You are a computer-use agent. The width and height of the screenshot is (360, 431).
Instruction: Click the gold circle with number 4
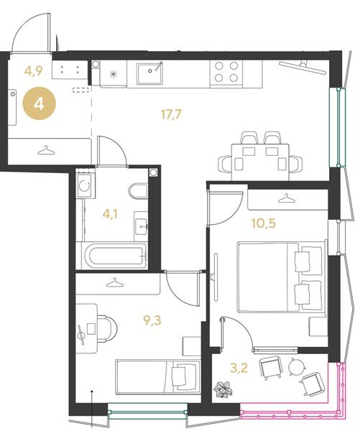click(39, 104)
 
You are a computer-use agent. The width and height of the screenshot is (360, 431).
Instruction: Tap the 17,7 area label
click(171, 114)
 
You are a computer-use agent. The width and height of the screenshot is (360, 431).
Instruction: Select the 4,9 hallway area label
click(33, 71)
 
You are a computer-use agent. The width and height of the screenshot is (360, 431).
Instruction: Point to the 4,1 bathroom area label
click(110, 214)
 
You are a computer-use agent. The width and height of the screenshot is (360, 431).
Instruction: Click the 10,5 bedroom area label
click(263, 223)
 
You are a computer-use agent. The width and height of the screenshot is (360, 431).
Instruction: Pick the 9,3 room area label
click(152, 320)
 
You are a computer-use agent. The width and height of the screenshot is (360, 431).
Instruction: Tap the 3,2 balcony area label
click(239, 368)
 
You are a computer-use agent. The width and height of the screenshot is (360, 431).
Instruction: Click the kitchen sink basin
click(149, 73)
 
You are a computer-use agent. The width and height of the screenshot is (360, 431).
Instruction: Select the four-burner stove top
click(226, 72)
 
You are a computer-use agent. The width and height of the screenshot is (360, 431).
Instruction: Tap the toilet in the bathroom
click(139, 191)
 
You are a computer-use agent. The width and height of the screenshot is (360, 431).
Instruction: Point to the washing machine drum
click(86, 186)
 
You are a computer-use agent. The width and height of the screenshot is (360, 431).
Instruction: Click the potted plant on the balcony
click(223, 389)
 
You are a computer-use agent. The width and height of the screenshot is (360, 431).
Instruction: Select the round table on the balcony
click(297, 366)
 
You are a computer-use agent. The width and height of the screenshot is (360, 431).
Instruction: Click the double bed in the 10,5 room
click(282, 277)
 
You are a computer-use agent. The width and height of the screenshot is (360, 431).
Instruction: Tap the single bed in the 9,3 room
click(157, 376)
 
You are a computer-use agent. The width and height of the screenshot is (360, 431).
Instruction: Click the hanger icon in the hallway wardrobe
click(46, 150)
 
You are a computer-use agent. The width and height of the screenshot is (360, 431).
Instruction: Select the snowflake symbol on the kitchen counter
click(114, 74)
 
